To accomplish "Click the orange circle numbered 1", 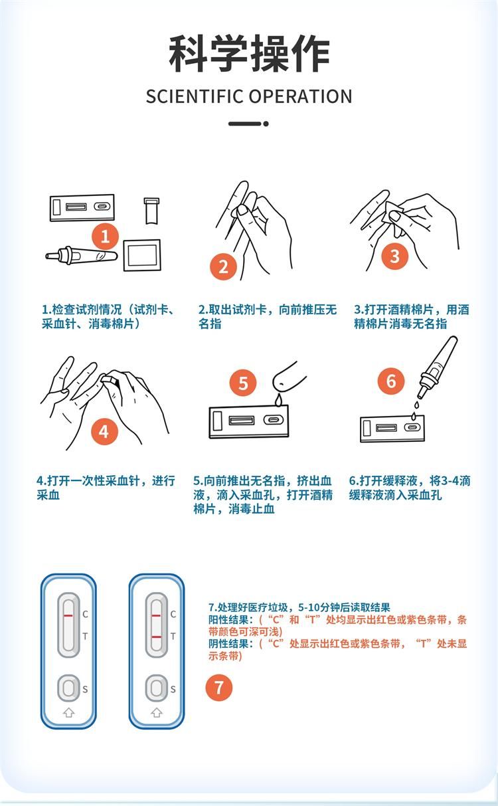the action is tap(105, 237).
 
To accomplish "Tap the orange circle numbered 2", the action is tap(223, 266).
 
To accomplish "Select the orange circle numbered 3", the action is tap(395, 256).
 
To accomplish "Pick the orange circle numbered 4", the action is tap(104, 431).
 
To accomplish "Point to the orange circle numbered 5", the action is tap(243, 383).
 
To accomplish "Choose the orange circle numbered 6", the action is tap(391, 381).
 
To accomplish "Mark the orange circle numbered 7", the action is tap(218, 688).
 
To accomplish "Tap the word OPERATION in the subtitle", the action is tap(301, 96).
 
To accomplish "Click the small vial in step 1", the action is tap(151, 211).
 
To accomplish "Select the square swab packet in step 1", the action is tap(142, 255).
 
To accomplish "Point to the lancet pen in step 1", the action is tap(82, 255).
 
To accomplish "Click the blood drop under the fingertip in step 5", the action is tap(278, 400).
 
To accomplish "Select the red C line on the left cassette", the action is tap(68, 616).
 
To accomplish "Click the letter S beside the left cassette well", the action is tap(85, 689).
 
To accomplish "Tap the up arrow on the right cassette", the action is tap(157, 712).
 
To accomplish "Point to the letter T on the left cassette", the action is tap(85, 636).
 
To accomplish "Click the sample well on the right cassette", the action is tap(157, 688).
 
